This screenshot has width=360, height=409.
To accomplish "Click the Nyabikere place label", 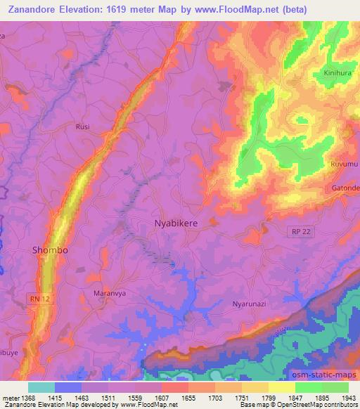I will pyautogui.click(x=176, y=223).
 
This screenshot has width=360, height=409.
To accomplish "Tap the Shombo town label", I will pyautogui.click(x=50, y=249).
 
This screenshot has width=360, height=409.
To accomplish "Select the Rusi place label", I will pyautogui.click(x=83, y=126).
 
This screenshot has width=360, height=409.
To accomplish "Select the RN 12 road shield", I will pyautogui.click(x=40, y=279).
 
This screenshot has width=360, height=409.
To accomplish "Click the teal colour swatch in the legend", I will pyautogui.click(x=41, y=387).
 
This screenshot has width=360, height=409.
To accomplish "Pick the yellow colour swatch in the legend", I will pyautogui.click(x=281, y=387).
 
